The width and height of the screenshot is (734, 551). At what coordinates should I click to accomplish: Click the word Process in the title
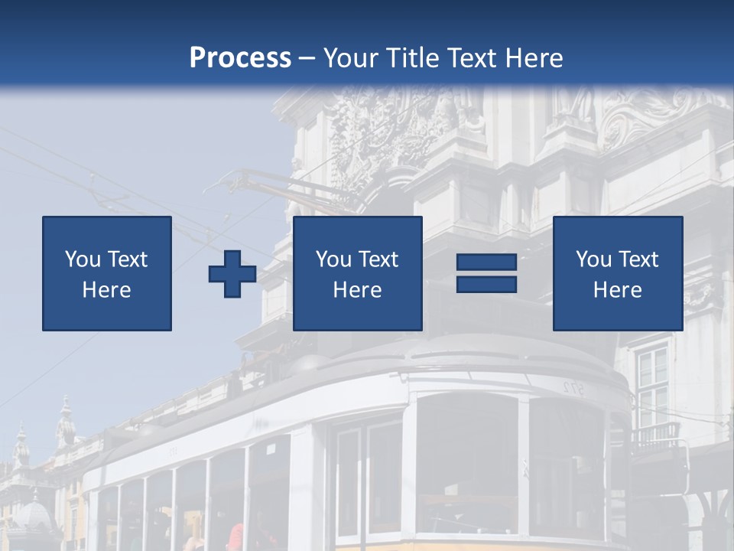pos(240,57)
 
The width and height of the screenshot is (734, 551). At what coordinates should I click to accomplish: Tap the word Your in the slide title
pos(351,57)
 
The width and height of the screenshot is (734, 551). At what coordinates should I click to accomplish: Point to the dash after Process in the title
pos(307,59)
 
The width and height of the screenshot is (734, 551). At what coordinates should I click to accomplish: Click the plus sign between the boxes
pos(232,274)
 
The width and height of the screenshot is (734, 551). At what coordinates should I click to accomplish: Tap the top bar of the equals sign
pos(486,262)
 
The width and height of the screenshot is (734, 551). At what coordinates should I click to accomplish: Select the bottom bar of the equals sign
pos(486,284)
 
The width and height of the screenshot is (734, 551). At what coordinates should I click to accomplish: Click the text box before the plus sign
pos(107,273)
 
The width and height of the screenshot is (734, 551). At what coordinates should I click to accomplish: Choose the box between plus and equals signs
pos(357,273)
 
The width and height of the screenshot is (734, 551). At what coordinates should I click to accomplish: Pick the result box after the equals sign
pos(617,273)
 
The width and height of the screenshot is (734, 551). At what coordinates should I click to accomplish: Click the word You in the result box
pos(593,259)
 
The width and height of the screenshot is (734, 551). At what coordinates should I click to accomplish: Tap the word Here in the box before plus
pos(106,290)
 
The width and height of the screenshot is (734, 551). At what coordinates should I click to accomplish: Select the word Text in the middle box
pos(378,259)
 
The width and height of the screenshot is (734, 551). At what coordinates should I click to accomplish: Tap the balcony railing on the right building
pos(654,435)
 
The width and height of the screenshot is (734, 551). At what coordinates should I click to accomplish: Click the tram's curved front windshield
pos(466,459)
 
